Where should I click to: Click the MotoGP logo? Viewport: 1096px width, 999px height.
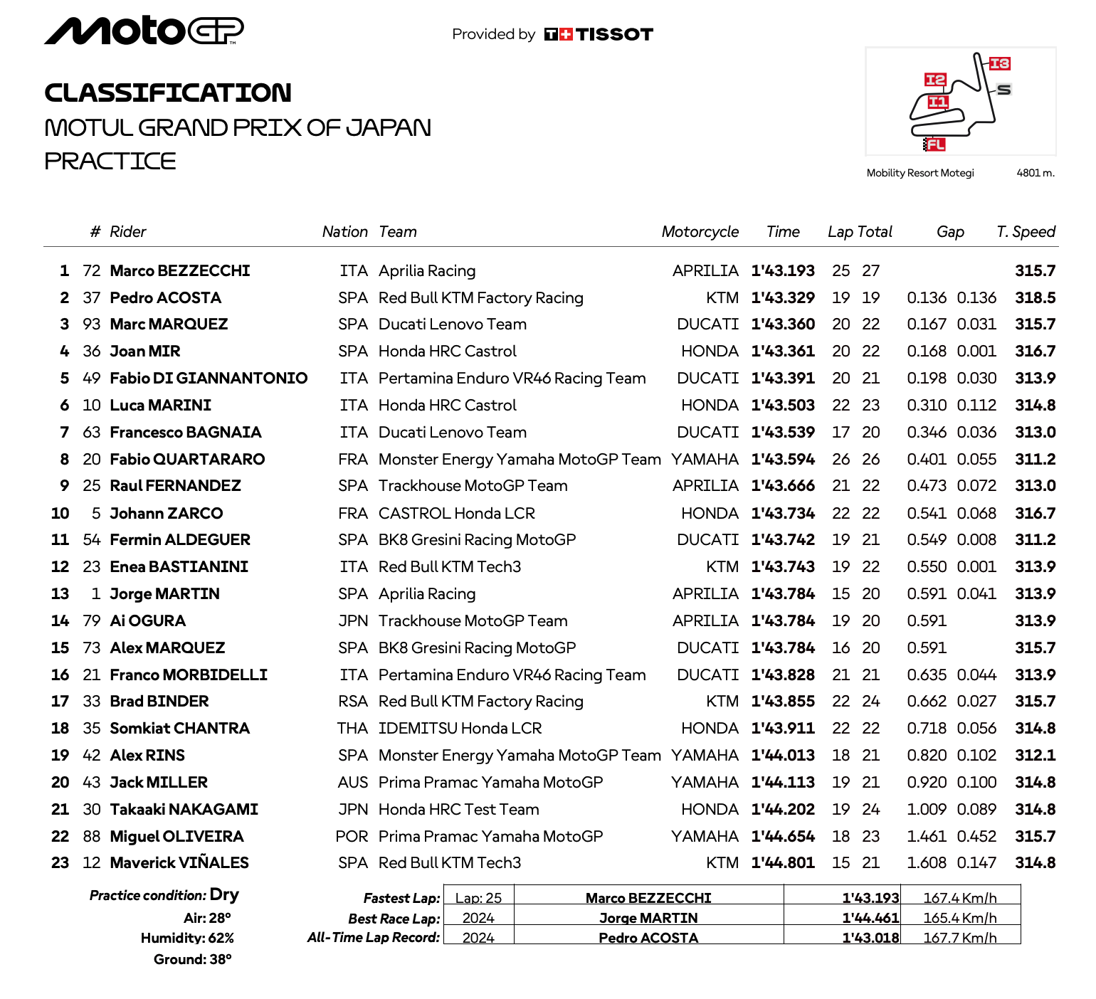click(x=144, y=31)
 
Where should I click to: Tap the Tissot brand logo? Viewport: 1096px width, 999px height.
click(x=599, y=34)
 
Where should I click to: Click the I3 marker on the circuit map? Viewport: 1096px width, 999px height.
click(x=999, y=63)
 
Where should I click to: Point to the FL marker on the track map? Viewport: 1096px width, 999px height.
click(x=934, y=144)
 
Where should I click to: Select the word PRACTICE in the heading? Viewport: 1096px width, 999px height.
click(x=110, y=161)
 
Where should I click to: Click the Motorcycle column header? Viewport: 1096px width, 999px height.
click(x=700, y=232)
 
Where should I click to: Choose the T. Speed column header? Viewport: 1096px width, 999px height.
click(x=1026, y=232)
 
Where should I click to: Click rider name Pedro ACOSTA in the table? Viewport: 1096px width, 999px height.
click(x=165, y=297)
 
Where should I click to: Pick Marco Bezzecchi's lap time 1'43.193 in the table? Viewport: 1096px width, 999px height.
click(x=783, y=270)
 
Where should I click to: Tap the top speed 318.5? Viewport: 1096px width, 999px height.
click(x=1035, y=297)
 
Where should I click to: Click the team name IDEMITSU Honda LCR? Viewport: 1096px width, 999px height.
click(x=460, y=729)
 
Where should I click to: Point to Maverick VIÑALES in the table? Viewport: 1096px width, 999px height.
click(x=179, y=863)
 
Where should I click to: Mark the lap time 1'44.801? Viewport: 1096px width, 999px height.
click(x=783, y=863)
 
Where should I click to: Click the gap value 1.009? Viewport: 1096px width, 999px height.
click(x=927, y=810)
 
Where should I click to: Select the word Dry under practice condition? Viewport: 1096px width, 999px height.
click(x=224, y=895)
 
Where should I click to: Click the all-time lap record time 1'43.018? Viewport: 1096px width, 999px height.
click(x=870, y=938)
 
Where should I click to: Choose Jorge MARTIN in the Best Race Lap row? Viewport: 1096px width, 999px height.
click(x=648, y=919)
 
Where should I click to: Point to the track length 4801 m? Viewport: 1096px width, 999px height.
click(x=1035, y=173)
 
